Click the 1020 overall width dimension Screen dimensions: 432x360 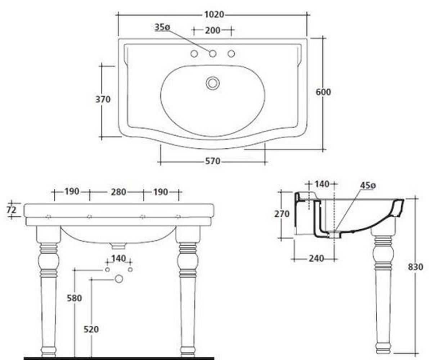(x=214, y=15)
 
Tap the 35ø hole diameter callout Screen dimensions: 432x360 (x=162, y=27)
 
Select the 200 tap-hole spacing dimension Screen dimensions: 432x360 (x=213, y=31)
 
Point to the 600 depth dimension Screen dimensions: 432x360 (x=323, y=92)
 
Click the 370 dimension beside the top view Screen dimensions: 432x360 (x=103, y=99)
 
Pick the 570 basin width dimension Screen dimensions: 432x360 (x=213, y=161)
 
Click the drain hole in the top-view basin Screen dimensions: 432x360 (x=213, y=83)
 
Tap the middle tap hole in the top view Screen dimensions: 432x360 (x=213, y=54)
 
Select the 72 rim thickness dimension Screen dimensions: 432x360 (x=12, y=210)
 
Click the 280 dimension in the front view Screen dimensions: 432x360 (x=118, y=192)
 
